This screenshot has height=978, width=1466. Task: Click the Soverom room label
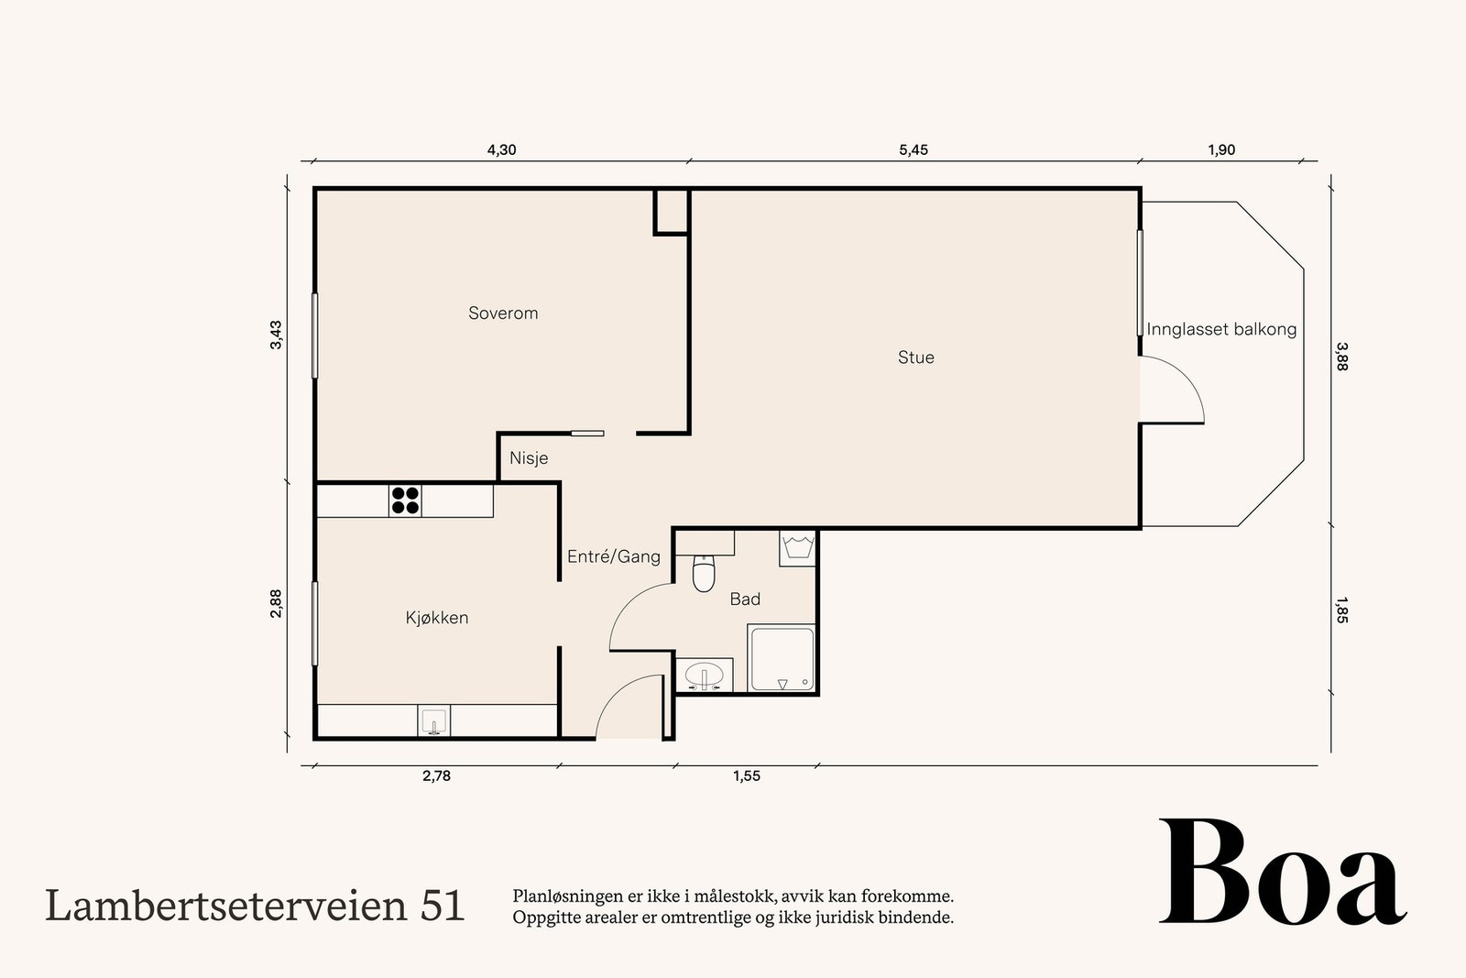pos(503,313)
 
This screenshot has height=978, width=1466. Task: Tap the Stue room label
pos(915,357)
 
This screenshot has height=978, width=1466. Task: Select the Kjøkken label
pos(437,618)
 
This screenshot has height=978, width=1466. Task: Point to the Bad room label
pos(745,599)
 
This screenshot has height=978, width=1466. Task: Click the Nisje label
pos(529,457)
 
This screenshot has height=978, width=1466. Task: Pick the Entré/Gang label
pos(613,556)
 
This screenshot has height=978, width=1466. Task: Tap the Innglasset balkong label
pos(1221,329)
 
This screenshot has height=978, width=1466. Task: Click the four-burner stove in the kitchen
pos(405,500)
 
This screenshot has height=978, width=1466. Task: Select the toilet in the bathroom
pos(704,574)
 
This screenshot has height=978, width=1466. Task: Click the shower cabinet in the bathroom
pos(781,659)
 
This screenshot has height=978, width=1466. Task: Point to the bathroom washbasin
pos(705,676)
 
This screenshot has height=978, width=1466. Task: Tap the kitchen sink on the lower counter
pos(433,721)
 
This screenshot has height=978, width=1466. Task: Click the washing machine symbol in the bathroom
pos(796,547)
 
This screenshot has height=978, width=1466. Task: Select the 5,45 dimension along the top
pos(914,150)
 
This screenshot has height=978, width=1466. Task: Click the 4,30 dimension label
pos(501,150)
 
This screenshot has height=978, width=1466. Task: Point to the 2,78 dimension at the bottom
pos(436,776)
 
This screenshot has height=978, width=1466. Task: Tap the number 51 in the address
pos(443,906)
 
